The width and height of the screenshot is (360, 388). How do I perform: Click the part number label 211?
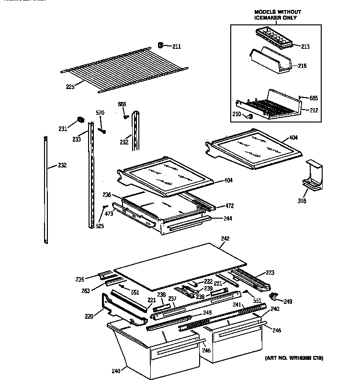[x=177, y=46]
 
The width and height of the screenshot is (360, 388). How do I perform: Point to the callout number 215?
[x=302, y=66]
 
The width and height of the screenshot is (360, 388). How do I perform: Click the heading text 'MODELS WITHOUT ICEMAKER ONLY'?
[x=274, y=14]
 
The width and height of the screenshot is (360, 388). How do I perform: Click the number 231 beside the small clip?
[x=63, y=128]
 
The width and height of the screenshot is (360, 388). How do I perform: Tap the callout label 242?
[x=225, y=238]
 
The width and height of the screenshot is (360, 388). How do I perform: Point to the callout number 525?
[x=100, y=226]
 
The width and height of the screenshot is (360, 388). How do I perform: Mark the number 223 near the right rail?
[x=270, y=273]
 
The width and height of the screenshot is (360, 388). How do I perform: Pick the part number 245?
[x=207, y=313]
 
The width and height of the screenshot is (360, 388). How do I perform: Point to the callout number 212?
[x=314, y=110]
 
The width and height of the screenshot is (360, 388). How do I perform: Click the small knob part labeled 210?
[x=249, y=116]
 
